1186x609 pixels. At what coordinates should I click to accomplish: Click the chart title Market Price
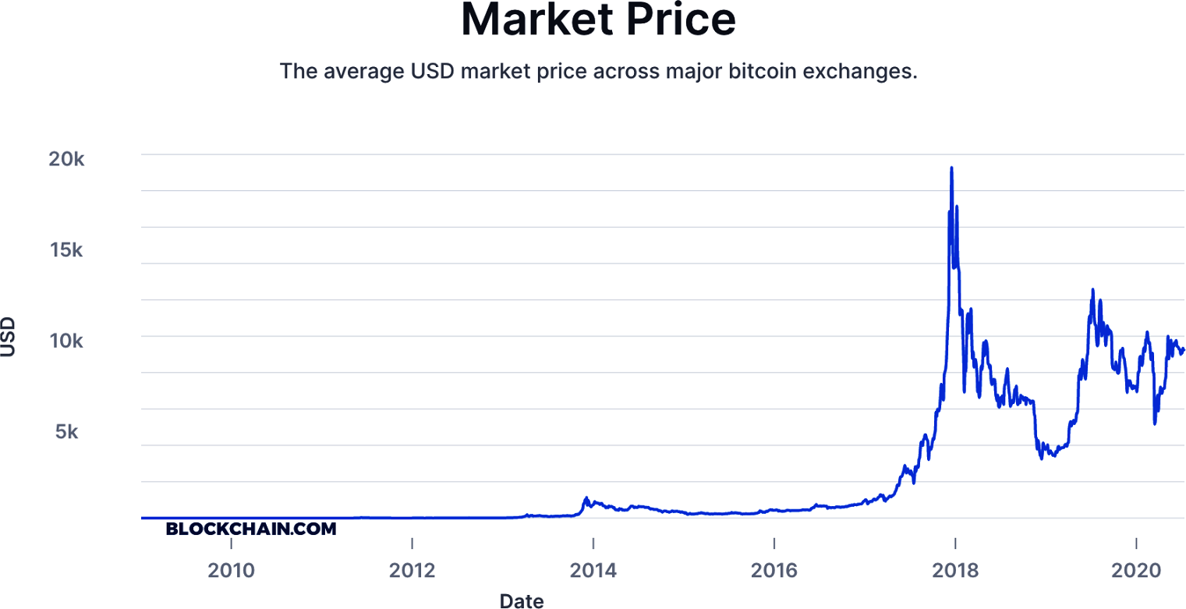click(x=598, y=21)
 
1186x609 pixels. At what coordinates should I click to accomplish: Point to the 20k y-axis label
click(x=66, y=159)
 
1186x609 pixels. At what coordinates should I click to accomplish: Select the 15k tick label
click(x=66, y=250)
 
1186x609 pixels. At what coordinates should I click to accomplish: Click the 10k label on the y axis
click(x=66, y=341)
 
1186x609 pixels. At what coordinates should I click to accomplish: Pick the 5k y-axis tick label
click(x=66, y=432)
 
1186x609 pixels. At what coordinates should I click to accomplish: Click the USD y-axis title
click(x=9, y=337)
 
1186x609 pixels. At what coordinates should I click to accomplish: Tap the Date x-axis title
click(x=522, y=600)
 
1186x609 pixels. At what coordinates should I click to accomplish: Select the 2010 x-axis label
click(x=231, y=570)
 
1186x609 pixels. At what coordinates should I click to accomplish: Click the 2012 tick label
click(x=412, y=570)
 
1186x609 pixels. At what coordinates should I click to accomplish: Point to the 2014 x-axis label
click(x=593, y=570)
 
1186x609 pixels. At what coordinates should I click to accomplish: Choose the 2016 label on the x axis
click(x=774, y=570)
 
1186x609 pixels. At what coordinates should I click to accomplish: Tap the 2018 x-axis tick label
click(x=955, y=570)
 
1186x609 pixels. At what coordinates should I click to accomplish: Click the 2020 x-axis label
click(x=1136, y=570)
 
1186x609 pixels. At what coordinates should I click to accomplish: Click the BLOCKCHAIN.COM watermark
click(x=251, y=529)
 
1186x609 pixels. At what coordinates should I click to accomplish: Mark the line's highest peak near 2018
click(x=951, y=168)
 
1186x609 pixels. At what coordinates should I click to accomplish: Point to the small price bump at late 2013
click(x=586, y=497)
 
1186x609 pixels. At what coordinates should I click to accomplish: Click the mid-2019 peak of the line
click(x=1092, y=290)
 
